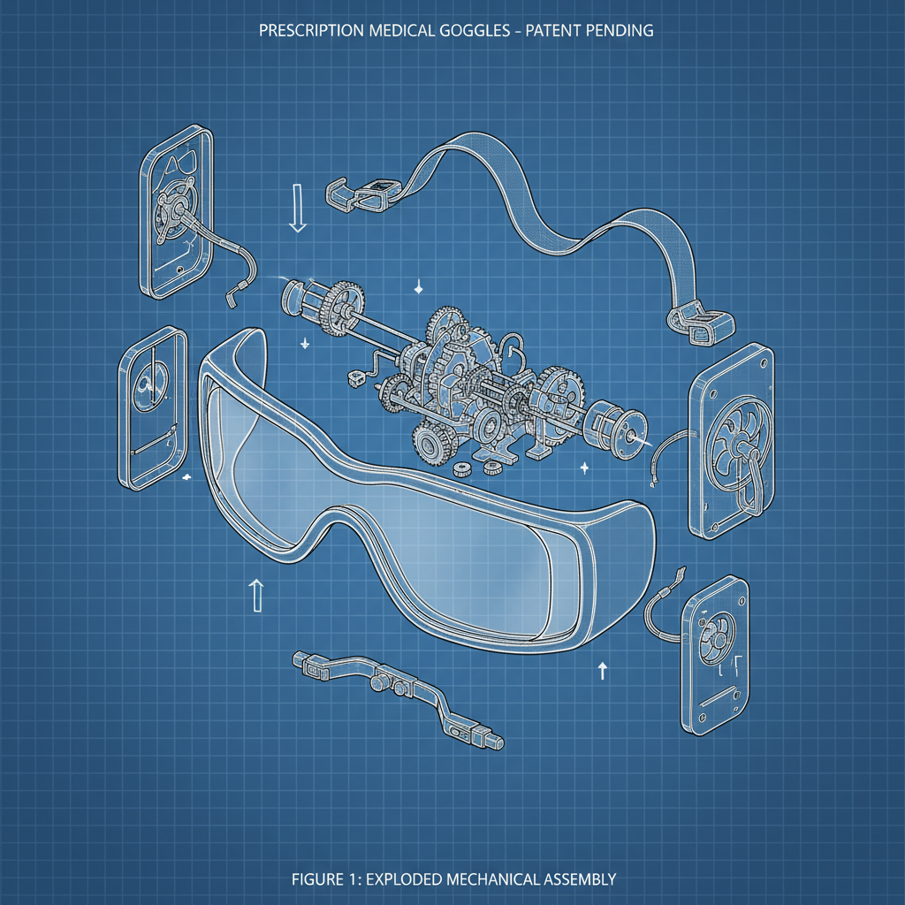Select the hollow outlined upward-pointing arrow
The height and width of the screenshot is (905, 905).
(x=256, y=596)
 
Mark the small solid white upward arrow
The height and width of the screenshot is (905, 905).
(x=603, y=670)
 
